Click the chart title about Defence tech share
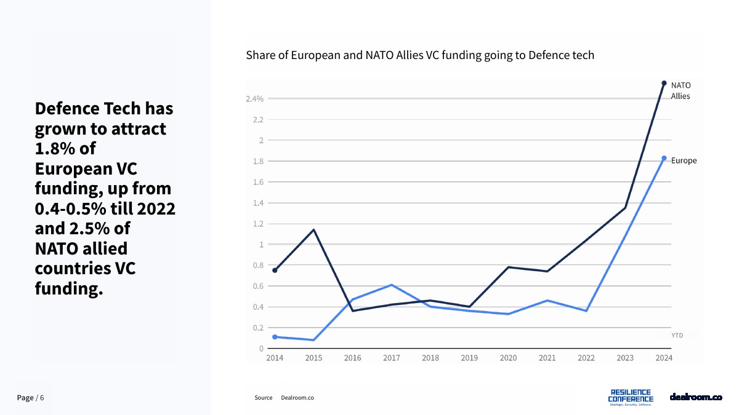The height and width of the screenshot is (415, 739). [420, 55]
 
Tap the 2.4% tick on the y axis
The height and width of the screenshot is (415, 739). [254, 99]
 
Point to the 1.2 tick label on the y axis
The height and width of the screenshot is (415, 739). [257, 224]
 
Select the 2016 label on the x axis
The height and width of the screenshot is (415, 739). [352, 358]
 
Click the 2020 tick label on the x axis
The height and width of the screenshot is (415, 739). [508, 358]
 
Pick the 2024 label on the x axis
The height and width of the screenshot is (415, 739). [664, 358]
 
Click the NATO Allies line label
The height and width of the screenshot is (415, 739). [680, 90]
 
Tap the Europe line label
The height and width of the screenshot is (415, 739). [684, 160]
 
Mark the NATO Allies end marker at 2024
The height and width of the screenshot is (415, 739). [664, 83]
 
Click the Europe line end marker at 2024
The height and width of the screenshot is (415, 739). [664, 158]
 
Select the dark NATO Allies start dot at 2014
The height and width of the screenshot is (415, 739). [275, 271]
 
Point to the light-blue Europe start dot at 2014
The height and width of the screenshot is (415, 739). [275, 337]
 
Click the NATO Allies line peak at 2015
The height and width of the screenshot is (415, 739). [313, 230]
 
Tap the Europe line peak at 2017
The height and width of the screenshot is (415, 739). [392, 285]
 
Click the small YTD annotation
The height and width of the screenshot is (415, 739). [677, 335]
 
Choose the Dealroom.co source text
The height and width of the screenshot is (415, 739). [297, 398]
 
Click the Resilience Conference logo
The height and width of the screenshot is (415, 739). [631, 397]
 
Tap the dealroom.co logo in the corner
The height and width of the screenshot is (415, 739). [695, 397]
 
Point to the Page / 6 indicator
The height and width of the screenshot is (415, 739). [31, 398]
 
